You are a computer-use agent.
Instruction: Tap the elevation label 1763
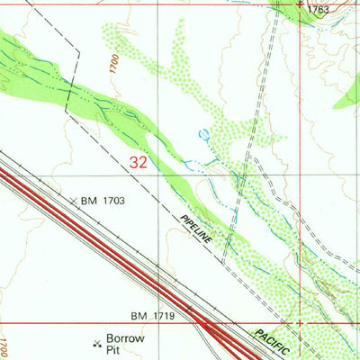[x=319, y=10]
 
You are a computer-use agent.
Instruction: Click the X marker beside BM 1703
[x=75, y=201]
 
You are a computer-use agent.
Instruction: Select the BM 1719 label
[x=152, y=316]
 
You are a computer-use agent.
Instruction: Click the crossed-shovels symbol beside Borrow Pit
[x=97, y=343]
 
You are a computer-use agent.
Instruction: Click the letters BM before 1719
[x=138, y=316]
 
